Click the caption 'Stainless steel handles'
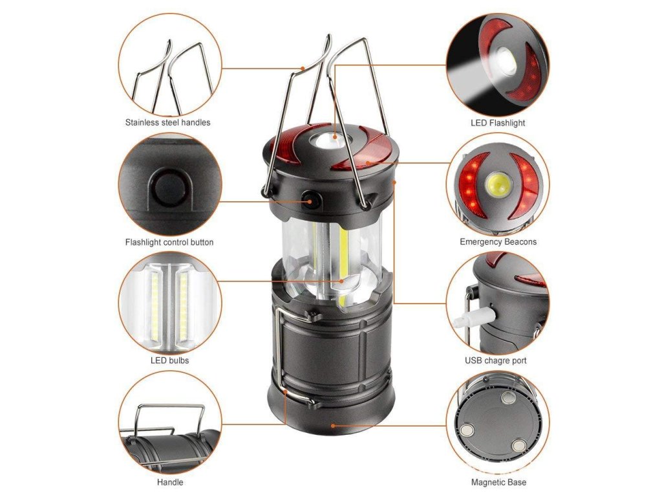[167, 122]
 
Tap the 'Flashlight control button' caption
[169, 242]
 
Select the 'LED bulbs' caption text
[170, 360]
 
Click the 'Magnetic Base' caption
[498, 482]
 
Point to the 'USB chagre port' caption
[496, 360]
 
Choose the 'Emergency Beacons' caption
[498, 242]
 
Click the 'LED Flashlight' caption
[498, 123]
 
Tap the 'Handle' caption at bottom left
[170, 482]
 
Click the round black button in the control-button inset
[169, 188]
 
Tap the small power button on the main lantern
[310, 199]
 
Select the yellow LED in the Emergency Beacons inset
[498, 184]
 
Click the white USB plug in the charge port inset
[473, 318]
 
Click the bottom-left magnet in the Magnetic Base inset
[467, 430]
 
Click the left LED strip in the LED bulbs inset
[155, 302]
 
